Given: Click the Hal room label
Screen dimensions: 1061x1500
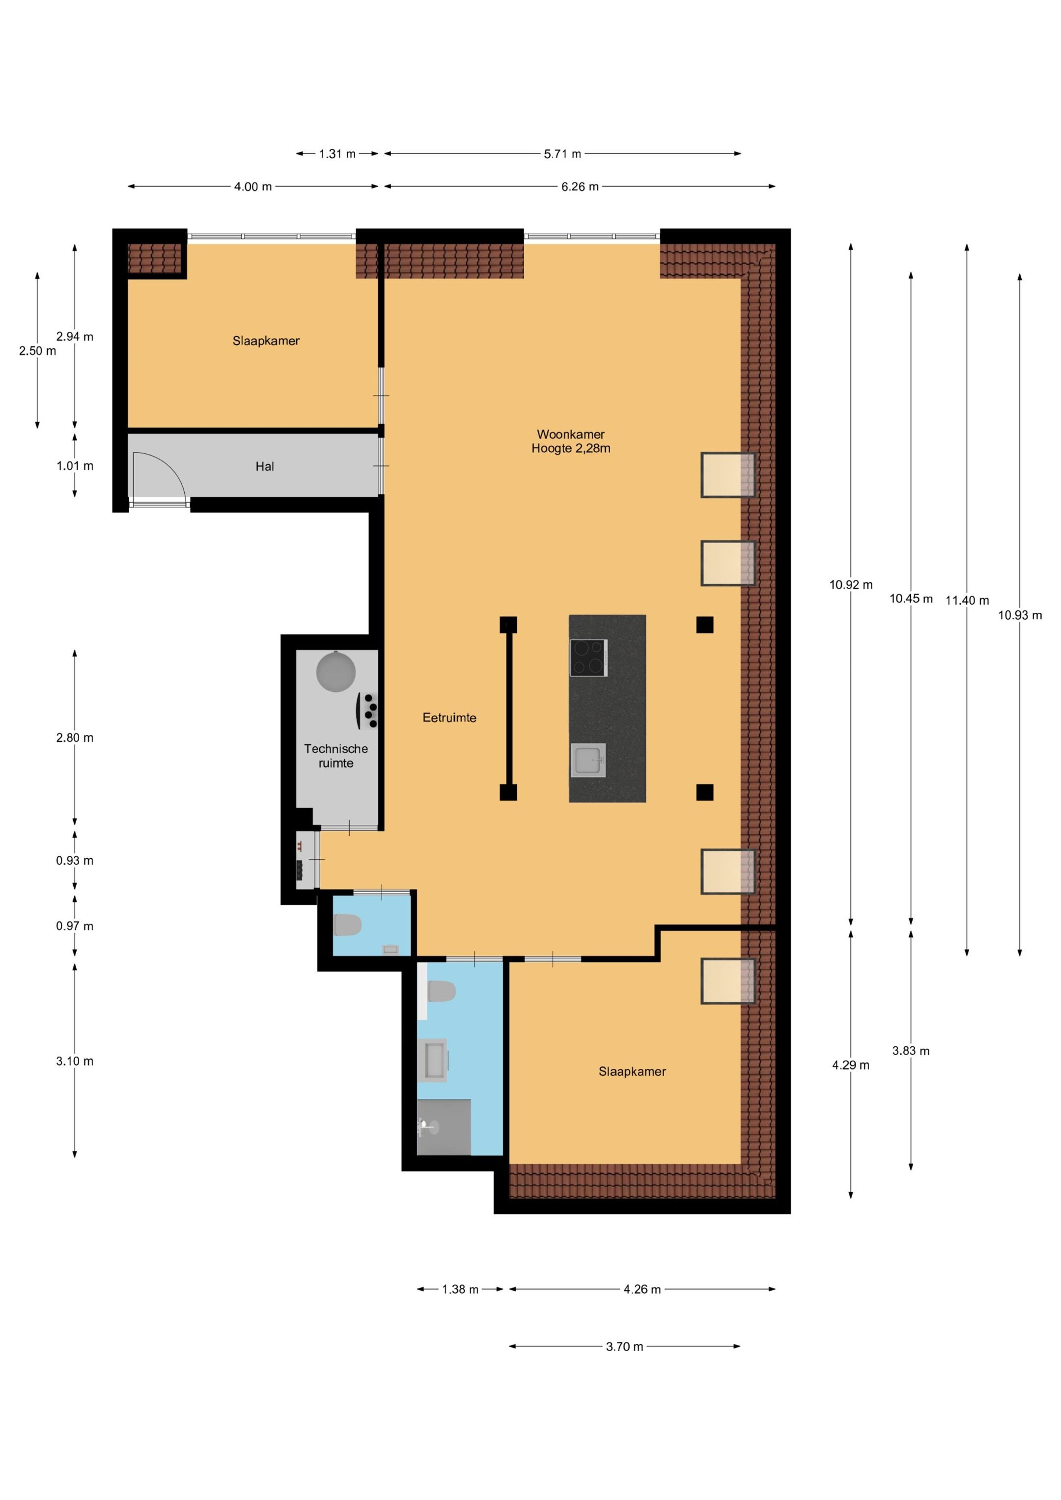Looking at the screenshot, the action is click(265, 466).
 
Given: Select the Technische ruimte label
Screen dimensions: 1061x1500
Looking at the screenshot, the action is click(336, 756).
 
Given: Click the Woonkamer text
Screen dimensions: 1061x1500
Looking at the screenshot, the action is click(571, 434).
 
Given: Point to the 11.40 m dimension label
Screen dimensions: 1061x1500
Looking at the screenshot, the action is click(967, 600).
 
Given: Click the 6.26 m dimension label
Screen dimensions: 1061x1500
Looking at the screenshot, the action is click(580, 187).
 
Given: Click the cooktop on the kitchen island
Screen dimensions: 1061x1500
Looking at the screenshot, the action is click(588, 658).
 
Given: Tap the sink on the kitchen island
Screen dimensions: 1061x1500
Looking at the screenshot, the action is click(587, 761).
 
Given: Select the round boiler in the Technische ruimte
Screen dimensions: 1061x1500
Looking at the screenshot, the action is click(336, 671).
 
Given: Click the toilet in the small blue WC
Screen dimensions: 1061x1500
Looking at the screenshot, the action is click(348, 925).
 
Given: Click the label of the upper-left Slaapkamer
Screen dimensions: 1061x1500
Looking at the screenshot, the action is click(266, 341).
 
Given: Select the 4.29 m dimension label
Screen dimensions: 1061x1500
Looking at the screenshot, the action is click(850, 1065).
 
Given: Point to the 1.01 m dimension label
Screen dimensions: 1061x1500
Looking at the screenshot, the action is click(75, 466).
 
